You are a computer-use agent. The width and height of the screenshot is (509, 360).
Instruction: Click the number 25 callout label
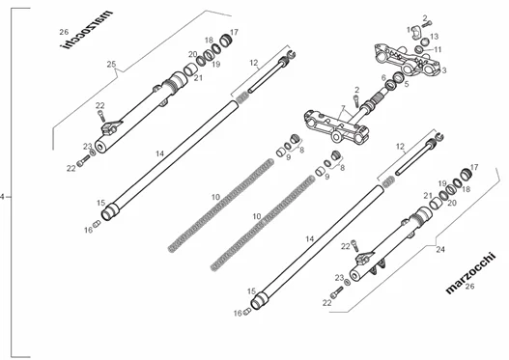click(x=111, y=64)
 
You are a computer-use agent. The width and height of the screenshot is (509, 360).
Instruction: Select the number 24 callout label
click(x=440, y=249)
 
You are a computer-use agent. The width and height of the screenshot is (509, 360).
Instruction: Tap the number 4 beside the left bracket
click(x=2, y=197)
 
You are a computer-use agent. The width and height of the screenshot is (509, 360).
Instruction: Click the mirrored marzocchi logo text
click(x=87, y=30)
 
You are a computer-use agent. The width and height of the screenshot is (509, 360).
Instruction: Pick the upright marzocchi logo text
click(x=471, y=273)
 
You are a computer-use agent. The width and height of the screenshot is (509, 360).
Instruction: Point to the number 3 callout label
click(x=444, y=70)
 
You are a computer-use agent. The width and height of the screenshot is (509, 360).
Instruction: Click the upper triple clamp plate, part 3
click(x=408, y=60)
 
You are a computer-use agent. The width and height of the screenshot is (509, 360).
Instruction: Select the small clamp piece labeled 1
click(x=416, y=34)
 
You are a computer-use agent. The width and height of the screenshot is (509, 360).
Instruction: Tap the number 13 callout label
click(x=434, y=37)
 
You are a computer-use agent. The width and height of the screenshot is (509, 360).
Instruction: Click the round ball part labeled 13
click(x=425, y=42)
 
